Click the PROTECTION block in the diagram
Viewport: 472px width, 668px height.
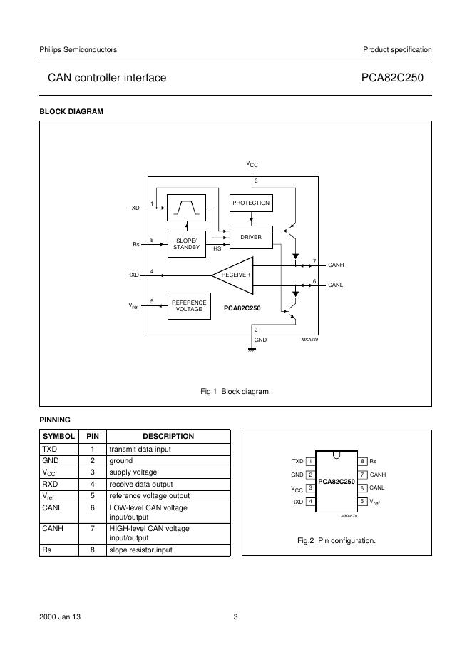(251, 203)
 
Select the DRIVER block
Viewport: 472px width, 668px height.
(251, 237)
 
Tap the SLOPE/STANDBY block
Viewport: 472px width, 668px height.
(186, 243)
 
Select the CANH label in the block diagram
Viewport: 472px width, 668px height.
(336, 265)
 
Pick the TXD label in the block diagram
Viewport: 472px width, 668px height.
(134, 208)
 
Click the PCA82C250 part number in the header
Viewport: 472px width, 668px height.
(396, 77)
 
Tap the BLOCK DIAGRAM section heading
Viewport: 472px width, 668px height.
(71, 111)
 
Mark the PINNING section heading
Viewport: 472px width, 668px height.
(55, 420)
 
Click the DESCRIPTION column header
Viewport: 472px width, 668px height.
(168, 436)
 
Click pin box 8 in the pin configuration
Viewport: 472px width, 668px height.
(363, 462)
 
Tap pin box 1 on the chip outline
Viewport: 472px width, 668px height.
(310, 462)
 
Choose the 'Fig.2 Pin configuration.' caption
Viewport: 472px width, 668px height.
(337, 540)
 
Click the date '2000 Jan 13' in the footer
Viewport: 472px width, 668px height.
(60, 617)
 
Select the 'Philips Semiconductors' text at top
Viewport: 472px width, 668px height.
(78, 49)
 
